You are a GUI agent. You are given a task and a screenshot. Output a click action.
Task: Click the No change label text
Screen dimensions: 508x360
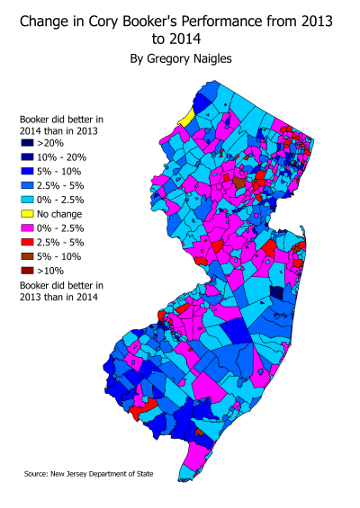[60, 214]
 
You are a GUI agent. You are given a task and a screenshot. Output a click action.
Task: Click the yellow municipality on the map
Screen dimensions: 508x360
[186, 118]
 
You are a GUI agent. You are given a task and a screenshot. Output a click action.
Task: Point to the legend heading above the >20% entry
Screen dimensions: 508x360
[60, 124]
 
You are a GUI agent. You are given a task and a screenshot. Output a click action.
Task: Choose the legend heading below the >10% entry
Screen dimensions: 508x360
[60, 290]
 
